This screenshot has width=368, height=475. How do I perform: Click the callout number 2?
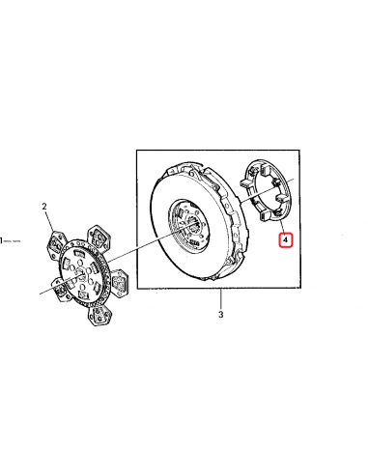click(x=44, y=207)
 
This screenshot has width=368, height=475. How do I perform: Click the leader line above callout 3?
click(x=220, y=298)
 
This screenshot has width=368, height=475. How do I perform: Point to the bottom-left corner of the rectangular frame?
click(x=136, y=288)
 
